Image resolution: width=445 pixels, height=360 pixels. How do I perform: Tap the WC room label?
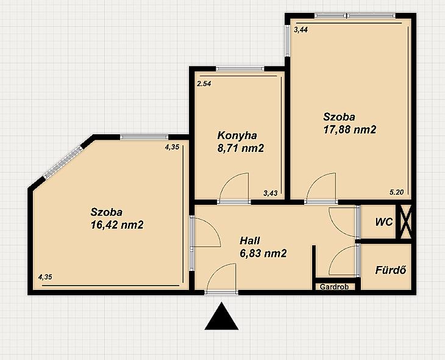[x=384, y=222]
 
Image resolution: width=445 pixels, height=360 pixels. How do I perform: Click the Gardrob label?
[x=334, y=287]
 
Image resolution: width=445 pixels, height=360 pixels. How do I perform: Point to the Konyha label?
[x=237, y=135]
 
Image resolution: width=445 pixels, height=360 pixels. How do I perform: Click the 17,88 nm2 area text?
[x=350, y=129]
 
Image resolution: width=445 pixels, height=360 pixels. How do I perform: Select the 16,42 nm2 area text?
[x=117, y=225]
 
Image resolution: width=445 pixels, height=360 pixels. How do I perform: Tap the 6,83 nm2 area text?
[x=263, y=253]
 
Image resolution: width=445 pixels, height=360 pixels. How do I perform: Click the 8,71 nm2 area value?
[x=241, y=148]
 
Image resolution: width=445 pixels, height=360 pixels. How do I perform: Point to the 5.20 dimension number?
[x=396, y=192]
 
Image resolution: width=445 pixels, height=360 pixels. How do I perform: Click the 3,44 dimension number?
[x=301, y=30]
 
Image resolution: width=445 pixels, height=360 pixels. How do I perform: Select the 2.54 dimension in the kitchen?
[x=204, y=84]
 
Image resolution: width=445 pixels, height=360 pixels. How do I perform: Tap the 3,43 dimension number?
[x=270, y=193]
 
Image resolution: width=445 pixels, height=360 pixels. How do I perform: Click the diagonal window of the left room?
[x=63, y=162]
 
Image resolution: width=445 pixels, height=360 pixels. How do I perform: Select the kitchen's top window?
[x=240, y=68]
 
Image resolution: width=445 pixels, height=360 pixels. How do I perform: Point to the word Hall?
[x=250, y=240]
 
